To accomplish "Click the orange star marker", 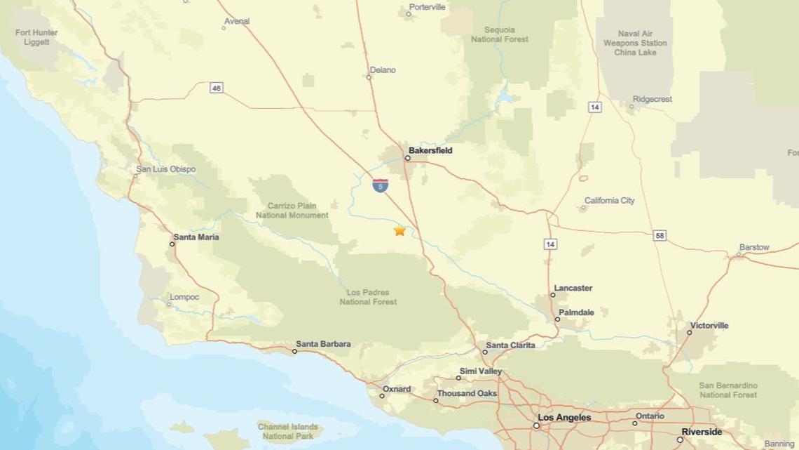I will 399,230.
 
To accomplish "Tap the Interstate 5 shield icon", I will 380,186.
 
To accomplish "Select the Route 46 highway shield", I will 217,88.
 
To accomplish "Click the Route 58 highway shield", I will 660,236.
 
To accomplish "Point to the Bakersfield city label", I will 430,150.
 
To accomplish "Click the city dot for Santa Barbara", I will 294,351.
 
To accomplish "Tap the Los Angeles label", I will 564,418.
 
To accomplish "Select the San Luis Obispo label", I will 166,169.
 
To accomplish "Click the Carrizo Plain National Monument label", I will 292,211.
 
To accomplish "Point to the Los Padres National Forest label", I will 368,297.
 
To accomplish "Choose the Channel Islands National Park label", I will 287,431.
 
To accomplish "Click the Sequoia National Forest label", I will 499,34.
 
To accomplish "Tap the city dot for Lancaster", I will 552,295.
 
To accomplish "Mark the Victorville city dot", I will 689,332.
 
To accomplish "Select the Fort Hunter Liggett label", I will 36,37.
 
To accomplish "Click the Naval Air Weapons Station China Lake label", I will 635,43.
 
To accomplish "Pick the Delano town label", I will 383,70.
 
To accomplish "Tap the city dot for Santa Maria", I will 172,244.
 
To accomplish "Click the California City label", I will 609,201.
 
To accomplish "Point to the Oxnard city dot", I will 382,396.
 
